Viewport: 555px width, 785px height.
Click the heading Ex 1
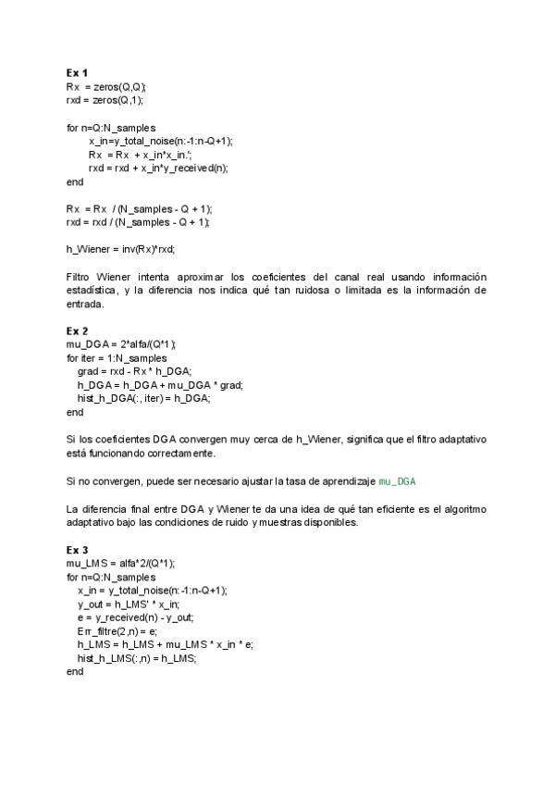coord(77,72)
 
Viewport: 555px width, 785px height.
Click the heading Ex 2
coord(77,330)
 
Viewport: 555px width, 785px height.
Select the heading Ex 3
coord(77,550)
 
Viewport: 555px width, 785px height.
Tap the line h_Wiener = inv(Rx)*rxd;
coord(120,249)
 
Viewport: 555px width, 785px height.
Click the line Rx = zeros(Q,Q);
coord(106,86)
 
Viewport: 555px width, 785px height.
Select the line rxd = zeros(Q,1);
coord(105,99)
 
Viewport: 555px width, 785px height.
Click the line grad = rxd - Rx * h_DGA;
coord(135,371)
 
